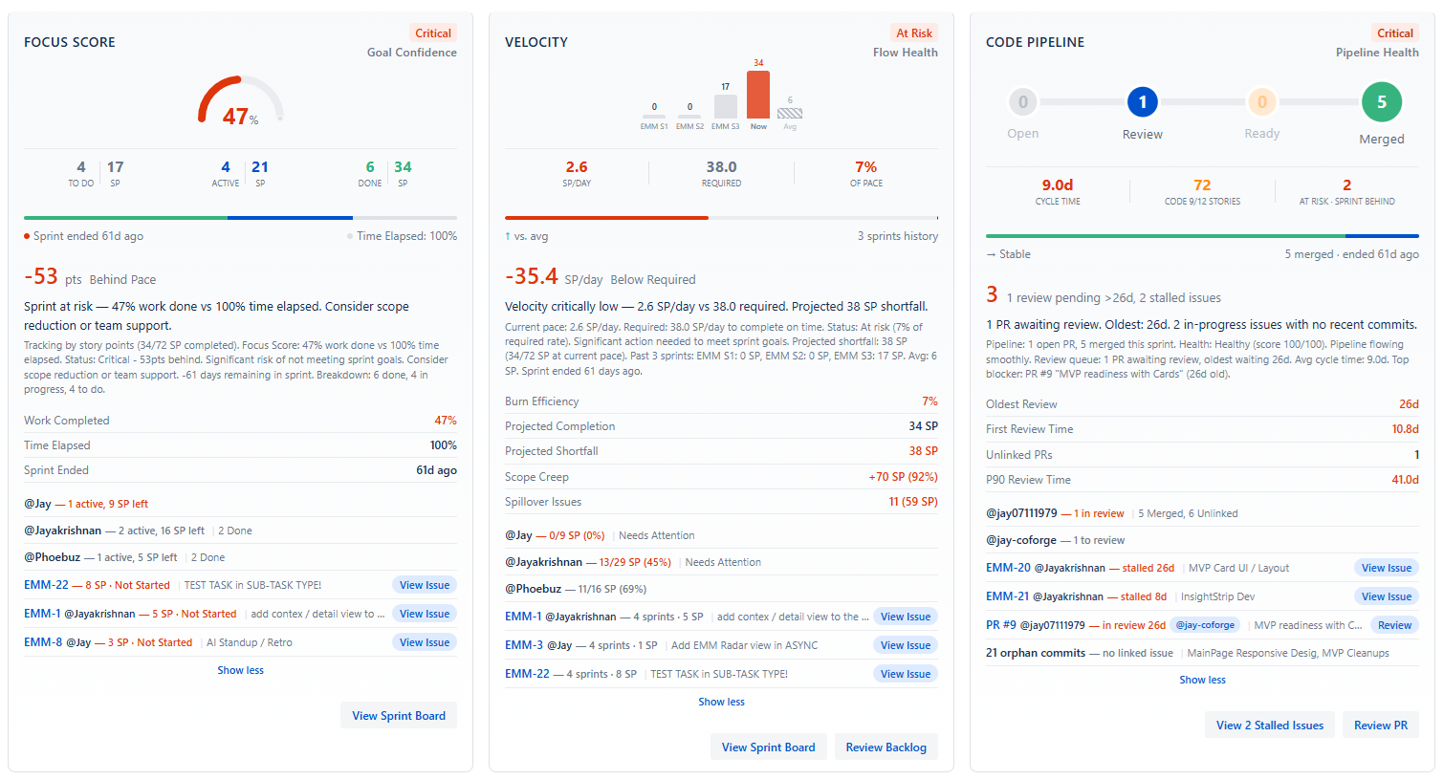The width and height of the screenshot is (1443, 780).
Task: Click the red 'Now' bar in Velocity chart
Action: pos(758,95)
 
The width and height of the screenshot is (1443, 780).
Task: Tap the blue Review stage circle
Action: pos(1142,101)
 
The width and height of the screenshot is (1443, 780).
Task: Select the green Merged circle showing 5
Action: pos(1381,102)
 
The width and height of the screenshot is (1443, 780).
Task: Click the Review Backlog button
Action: pos(885,747)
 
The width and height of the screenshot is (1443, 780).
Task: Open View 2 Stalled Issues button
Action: pos(1269,726)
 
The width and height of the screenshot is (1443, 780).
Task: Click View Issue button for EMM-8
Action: pos(424,642)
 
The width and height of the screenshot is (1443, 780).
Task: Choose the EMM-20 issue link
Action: pos(1008,568)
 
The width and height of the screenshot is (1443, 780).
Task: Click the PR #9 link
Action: pos(1000,625)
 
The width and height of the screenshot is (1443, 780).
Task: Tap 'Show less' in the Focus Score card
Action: pos(240,670)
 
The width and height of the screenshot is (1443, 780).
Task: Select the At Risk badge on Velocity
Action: pos(913,32)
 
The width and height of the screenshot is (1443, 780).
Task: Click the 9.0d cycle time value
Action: pos(1057,185)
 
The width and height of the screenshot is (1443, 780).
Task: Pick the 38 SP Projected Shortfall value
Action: pos(922,451)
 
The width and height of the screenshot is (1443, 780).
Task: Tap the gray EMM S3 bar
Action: pos(726,106)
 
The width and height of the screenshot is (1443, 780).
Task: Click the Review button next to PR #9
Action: pos(1393,625)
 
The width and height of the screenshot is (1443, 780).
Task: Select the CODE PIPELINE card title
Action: pos(1035,42)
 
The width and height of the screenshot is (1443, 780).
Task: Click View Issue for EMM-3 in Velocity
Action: pos(905,645)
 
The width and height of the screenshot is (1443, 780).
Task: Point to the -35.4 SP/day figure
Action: pos(532,277)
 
